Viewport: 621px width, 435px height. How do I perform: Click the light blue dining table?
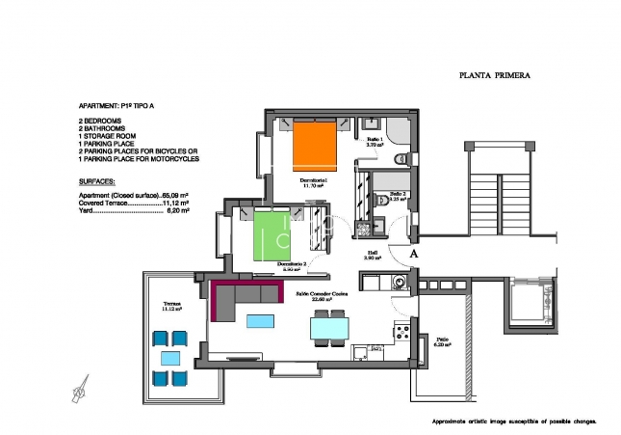tap(329, 329)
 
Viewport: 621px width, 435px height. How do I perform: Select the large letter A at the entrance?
tap(413, 253)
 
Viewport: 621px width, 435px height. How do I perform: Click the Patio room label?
tap(442, 340)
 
